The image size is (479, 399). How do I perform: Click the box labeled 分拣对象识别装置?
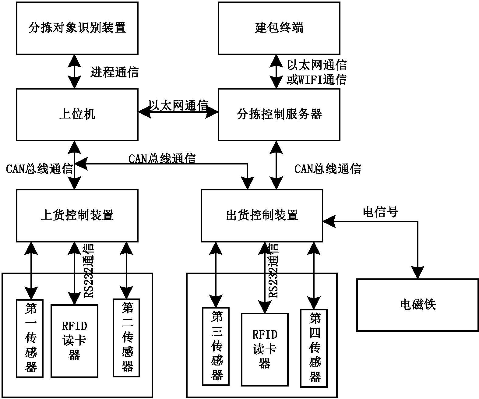tap(77, 28)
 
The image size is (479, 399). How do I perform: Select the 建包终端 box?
tap(279, 28)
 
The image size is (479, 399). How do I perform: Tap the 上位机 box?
tap(77, 115)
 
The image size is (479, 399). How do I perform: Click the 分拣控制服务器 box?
tap(279, 115)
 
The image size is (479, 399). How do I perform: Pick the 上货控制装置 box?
tap(77, 215)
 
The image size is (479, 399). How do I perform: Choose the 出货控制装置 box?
tap(262, 215)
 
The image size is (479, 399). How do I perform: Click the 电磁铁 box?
tap(417, 305)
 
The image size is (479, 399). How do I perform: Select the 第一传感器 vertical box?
tap(30, 338)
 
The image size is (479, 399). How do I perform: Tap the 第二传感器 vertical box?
tap(126, 338)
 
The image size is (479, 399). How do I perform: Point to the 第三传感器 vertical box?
tap(216, 346)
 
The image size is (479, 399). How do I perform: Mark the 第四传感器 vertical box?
tap(314, 348)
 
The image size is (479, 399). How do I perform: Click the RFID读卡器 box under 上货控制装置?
tap(74, 341)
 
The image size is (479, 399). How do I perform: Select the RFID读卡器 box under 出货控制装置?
tap(265, 349)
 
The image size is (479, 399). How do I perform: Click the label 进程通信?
tap(114, 72)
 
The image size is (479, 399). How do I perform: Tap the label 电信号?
tap(380, 212)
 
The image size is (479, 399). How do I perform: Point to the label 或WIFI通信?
tap(316, 80)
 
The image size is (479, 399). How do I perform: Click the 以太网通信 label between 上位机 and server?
tap(178, 105)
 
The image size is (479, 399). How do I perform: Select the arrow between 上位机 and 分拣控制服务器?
tap(178, 112)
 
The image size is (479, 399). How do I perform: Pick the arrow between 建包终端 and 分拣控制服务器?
tap(276, 72)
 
